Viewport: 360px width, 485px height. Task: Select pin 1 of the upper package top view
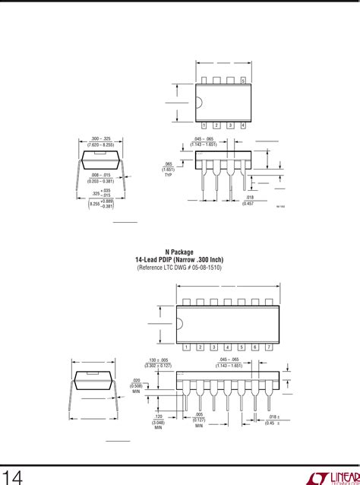point(204,125)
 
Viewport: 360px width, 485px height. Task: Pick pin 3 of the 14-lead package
point(215,347)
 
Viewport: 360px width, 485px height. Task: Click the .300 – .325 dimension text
point(100,141)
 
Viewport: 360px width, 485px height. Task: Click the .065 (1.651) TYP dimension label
point(168,169)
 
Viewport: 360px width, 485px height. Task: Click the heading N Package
point(180,252)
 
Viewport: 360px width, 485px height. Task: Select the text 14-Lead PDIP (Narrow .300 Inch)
point(180,260)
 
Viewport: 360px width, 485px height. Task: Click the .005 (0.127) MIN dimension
point(198,420)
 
